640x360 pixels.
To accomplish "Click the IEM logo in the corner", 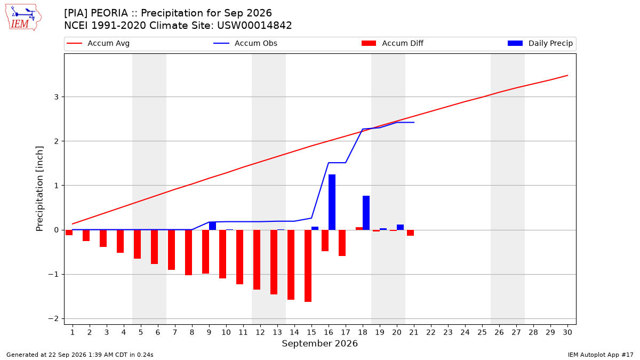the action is coord(23,18).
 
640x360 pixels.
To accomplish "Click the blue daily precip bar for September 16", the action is coord(332,202).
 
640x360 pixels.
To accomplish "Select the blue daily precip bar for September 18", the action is coord(366,213).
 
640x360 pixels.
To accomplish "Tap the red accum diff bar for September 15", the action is coord(308,266).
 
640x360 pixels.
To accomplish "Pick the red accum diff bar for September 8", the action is coord(189,253).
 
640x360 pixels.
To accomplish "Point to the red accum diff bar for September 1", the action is coord(69,233).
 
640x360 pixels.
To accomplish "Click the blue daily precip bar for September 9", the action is coord(213,226).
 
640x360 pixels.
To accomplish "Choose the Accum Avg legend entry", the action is coord(98,43).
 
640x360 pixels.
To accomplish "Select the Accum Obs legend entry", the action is coord(245,43).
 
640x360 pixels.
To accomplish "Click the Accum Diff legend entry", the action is coord(393,43).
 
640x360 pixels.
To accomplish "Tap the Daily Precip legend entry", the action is coord(540,43).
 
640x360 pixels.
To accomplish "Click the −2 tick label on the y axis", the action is coord(53,319).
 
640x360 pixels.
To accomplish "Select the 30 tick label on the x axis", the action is coord(567,333).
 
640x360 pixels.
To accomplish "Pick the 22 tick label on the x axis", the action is coord(431,333).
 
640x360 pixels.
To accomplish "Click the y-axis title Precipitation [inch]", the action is coord(39,189).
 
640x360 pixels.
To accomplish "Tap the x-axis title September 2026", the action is coord(319,343).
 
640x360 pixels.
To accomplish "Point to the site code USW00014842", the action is coord(254,26).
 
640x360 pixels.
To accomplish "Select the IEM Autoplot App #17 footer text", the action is coord(601,355).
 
